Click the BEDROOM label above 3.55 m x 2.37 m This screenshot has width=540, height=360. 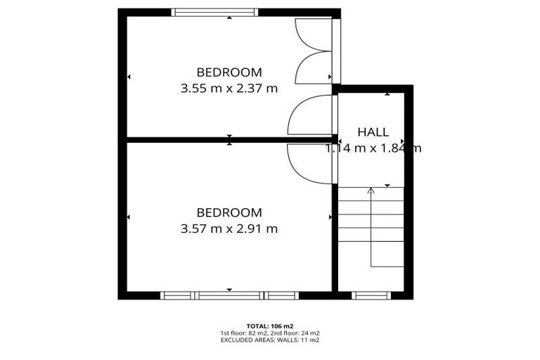tap(229, 72)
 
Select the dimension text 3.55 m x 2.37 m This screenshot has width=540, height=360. tap(229, 89)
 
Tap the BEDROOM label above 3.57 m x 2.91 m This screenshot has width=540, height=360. tap(229, 212)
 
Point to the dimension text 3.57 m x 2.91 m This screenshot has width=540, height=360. tap(229, 229)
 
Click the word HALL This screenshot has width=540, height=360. tap(373, 132)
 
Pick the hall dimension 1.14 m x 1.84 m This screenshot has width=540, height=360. tap(373, 148)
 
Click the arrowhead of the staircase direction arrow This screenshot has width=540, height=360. tap(371, 189)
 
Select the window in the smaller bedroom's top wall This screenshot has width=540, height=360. tap(215, 12)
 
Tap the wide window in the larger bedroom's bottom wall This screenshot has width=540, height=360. tap(229, 295)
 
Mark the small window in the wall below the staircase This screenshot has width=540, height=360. tap(371, 295)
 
